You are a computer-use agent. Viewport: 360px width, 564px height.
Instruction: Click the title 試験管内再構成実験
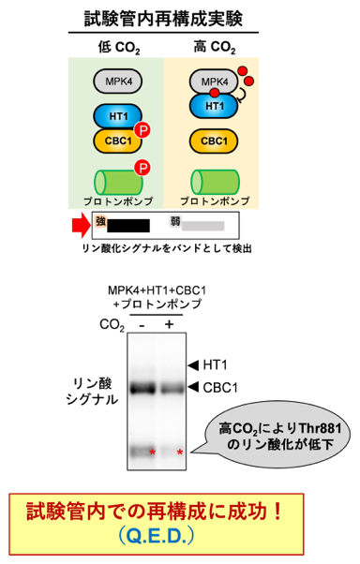click(163, 19)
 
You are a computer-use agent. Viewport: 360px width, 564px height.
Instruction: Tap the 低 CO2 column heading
click(119, 47)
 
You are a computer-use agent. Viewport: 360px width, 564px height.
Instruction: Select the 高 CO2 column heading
click(215, 47)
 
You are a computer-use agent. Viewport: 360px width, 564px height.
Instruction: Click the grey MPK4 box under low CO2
click(118, 82)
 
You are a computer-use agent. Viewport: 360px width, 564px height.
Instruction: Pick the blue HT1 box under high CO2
click(214, 107)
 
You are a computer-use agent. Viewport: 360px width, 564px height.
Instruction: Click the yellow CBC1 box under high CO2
click(214, 141)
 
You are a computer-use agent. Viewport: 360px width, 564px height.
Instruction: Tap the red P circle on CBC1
click(142, 130)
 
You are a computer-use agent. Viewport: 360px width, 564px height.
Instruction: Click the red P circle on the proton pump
click(142, 168)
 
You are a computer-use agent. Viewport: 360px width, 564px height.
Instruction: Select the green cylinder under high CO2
click(215, 182)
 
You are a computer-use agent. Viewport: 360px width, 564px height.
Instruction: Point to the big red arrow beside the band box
click(81, 226)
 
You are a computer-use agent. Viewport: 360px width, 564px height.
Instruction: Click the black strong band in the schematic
click(128, 226)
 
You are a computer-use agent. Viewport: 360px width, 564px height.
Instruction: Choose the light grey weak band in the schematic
click(203, 226)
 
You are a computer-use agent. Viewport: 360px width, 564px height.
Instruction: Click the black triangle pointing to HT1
click(193, 365)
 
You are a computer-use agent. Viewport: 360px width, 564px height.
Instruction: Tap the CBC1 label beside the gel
click(220, 388)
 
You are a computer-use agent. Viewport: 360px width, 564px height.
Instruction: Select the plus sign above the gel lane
click(169, 324)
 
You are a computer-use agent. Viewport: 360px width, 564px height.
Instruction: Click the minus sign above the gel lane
click(142, 325)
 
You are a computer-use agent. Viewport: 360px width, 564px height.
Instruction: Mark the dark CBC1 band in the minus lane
click(142, 389)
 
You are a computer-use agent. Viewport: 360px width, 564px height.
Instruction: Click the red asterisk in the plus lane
click(180, 453)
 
